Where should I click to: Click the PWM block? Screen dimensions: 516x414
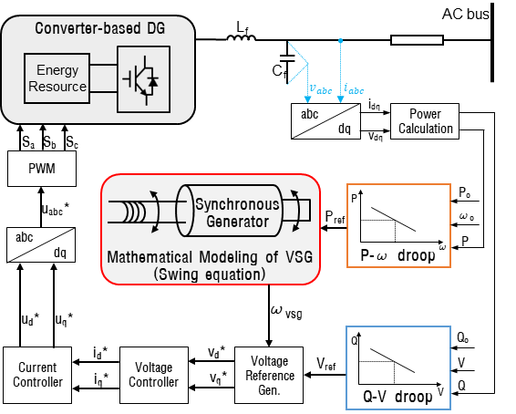[42, 169]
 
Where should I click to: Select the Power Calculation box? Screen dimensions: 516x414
[425, 121]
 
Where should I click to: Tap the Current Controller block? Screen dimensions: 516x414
[37, 375]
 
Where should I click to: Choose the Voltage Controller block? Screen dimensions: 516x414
[154, 375]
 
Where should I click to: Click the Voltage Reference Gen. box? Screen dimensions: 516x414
[269, 375]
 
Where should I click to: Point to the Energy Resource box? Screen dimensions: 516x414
[57, 78]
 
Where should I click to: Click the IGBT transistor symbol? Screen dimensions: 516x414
[141, 79]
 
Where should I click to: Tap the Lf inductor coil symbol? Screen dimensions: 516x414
[242, 38]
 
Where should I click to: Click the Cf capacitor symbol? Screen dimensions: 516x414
[287, 58]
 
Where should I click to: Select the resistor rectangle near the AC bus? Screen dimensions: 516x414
[417, 40]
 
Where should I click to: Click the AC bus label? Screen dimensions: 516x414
[465, 14]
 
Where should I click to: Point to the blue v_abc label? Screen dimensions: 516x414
[321, 88]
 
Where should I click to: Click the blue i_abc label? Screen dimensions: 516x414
[354, 88]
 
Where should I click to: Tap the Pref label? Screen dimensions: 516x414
[335, 217]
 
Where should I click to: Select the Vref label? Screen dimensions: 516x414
[326, 364]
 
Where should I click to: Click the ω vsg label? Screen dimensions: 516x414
[286, 312]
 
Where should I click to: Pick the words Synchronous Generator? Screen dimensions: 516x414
[237, 212]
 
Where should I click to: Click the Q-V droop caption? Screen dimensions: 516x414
[397, 397]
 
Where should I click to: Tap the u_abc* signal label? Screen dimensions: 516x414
[56, 209]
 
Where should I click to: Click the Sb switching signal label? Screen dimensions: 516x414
[49, 142]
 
